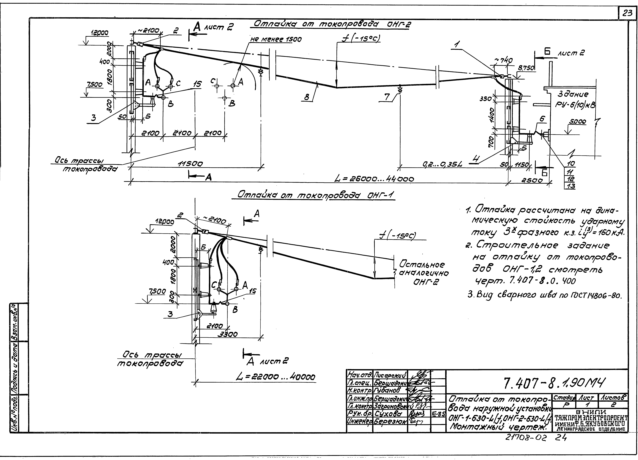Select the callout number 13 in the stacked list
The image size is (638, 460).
tap(571, 186)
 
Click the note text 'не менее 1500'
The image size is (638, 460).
tap(276, 40)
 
